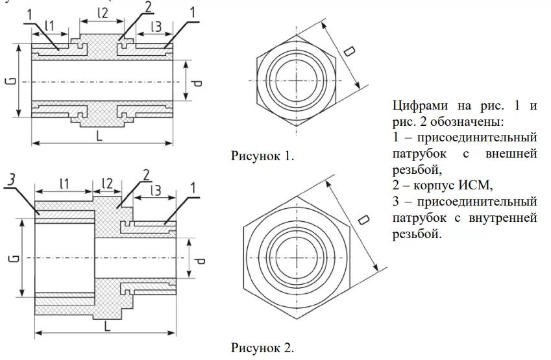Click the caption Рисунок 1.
click(262, 156)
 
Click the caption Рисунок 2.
click(262, 348)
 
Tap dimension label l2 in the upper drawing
click(101, 12)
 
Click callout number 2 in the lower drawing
click(147, 174)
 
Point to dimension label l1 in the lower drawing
click(64, 184)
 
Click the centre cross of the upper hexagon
click(296, 80)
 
